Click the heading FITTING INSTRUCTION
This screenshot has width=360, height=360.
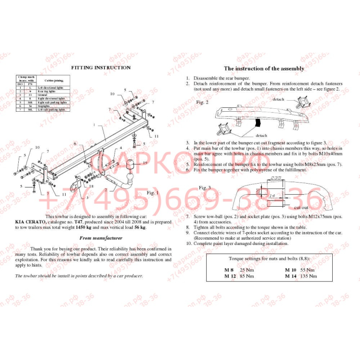coord(101,68)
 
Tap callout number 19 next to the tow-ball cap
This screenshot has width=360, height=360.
coord(144,163)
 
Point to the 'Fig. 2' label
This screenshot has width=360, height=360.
coord(203,102)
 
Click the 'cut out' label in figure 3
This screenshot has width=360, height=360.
coord(301,208)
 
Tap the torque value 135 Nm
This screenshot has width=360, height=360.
coord(307,276)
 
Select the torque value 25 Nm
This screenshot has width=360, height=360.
coord(246,270)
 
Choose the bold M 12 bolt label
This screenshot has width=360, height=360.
coord(230,276)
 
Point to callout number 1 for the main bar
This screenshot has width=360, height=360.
coord(94,125)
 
